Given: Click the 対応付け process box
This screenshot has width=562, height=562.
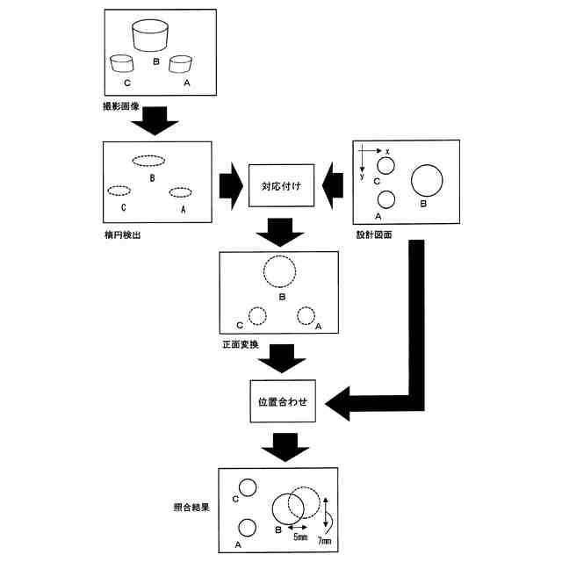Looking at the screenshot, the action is point(281,185).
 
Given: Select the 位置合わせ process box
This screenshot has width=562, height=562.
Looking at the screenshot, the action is point(283,401).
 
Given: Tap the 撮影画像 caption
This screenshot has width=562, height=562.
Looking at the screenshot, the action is point(121,106).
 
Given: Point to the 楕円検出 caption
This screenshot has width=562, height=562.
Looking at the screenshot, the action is point(122,235).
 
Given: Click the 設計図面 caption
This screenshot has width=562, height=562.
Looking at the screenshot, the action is point(374,234).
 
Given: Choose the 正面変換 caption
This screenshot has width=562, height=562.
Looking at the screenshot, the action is point(241,344).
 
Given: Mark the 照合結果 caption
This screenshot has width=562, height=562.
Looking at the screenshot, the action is point(191,508).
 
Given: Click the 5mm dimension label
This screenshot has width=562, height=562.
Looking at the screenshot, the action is point(300,537).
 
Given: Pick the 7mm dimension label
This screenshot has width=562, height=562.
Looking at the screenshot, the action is point(324,541).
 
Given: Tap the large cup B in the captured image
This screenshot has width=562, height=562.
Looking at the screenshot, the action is point(150,35).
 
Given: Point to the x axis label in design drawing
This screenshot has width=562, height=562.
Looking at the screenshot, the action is point(387,152).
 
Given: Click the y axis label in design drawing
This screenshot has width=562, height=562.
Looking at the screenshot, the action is point(362,176).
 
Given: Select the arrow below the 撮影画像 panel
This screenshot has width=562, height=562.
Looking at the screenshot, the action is point(155,121).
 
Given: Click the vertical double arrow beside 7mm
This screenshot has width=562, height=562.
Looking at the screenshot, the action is point(326,512).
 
